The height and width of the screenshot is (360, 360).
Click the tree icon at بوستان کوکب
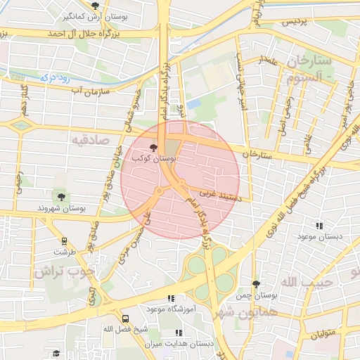(x=154, y=148)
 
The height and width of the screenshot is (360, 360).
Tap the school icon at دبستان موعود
(x=321, y=226)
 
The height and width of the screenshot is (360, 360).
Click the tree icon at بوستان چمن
(x=256, y=285)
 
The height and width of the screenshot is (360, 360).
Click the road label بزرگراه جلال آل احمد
(x=84, y=33)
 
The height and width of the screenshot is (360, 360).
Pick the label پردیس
(x=295, y=22)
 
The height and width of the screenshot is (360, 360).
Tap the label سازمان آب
(x=108, y=91)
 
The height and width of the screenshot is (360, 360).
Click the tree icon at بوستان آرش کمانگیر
(x=96, y=6)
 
